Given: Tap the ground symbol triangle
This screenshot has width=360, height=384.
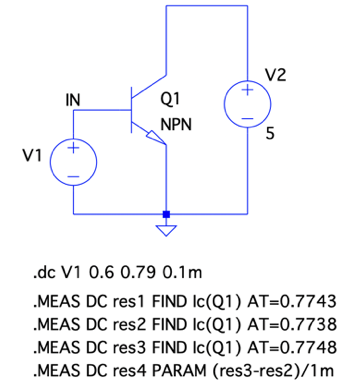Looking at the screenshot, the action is tap(166, 231).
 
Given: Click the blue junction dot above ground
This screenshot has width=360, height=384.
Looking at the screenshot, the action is tap(166, 214).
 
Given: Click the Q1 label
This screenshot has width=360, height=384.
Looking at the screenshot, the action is tap(170, 99).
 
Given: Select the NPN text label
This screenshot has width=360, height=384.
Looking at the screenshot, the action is tap(176, 125).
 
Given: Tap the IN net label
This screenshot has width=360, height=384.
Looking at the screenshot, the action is tap(73, 100).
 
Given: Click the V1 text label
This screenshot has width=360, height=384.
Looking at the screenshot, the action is tap(32, 156).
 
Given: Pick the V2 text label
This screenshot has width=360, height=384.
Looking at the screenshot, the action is tap(276, 75).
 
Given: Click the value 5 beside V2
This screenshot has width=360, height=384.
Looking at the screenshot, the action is tap(270, 134).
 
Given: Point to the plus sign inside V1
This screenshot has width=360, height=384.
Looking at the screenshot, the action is tap(73, 148).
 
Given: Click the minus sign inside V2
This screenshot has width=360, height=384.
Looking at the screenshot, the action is tap(247, 118).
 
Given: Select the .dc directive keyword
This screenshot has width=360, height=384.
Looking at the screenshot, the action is tap(44, 273).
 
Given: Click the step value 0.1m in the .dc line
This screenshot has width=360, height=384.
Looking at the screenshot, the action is tap(183, 273).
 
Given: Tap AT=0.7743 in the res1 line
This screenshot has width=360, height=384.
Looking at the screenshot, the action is tap(292, 302).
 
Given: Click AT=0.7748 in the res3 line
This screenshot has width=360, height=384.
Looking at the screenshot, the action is tap(292, 348).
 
